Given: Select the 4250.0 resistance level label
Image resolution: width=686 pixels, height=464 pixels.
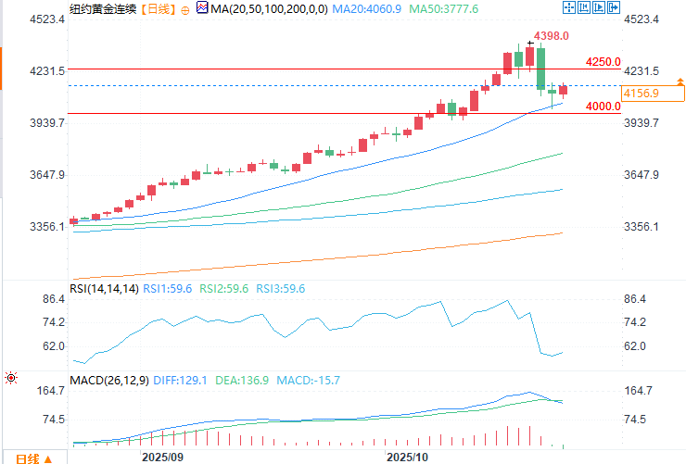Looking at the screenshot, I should [603, 62].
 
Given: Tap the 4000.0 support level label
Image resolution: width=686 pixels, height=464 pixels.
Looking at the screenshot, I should [603, 107].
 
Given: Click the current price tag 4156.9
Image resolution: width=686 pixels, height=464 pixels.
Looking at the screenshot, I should [642, 94].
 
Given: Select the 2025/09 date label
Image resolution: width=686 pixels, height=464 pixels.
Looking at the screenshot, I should [162, 458].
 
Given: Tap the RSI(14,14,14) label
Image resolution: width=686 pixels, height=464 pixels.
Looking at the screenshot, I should [105, 289].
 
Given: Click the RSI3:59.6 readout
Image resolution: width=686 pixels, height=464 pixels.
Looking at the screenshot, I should [280, 289].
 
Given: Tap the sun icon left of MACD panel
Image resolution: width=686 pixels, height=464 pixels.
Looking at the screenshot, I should [11, 378].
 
